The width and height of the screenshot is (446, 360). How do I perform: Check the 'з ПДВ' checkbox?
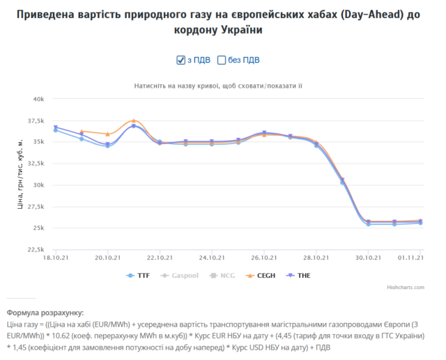181,60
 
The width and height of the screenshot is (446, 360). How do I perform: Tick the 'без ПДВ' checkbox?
222,60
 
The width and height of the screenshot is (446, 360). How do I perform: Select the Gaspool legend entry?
180,276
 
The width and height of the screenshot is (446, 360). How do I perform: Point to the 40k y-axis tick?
38,99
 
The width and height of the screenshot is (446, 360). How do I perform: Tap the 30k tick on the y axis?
38,185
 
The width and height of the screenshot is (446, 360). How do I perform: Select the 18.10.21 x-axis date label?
55,258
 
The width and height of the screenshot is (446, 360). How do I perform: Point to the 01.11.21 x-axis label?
411,258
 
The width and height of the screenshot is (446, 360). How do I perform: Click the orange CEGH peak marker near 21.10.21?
134,121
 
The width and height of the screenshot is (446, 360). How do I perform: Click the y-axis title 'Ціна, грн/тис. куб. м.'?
20,174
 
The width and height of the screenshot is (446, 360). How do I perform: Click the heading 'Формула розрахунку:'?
45,313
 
